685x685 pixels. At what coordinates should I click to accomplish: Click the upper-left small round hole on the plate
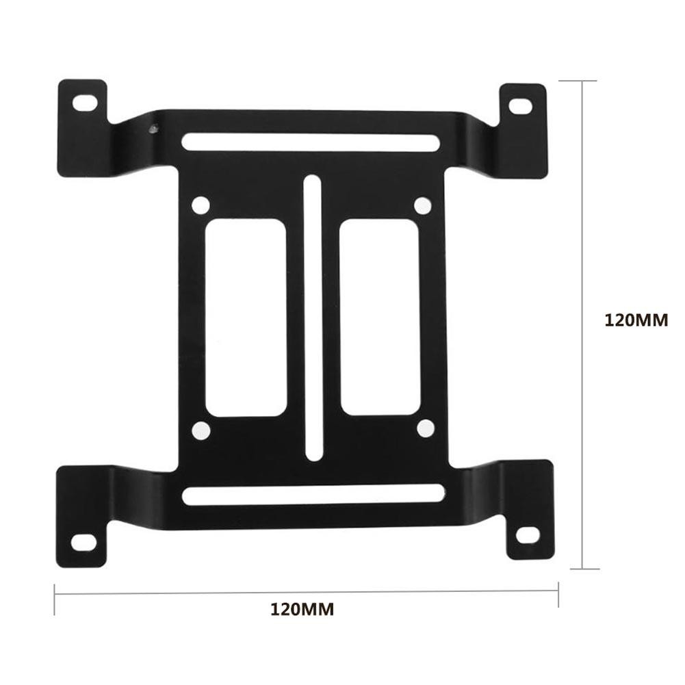pyautogui.click(x=201, y=205)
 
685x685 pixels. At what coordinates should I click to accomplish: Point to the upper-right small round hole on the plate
pyautogui.click(x=423, y=205)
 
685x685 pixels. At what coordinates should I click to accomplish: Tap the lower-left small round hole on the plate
pyautogui.click(x=201, y=430)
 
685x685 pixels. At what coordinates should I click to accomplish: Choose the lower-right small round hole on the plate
pyautogui.click(x=425, y=428)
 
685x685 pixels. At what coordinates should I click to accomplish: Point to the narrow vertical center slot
pyautogui.click(x=312, y=318)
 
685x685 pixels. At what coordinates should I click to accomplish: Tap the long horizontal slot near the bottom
pyautogui.click(x=313, y=495)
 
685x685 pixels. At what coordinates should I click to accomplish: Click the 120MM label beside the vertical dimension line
pyautogui.click(x=636, y=320)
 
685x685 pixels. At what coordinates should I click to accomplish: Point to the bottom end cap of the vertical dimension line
pyautogui.click(x=582, y=568)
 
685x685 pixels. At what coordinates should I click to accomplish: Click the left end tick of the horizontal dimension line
pyautogui.click(x=55, y=594)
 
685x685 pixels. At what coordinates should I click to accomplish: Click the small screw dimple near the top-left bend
pyautogui.click(x=153, y=127)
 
